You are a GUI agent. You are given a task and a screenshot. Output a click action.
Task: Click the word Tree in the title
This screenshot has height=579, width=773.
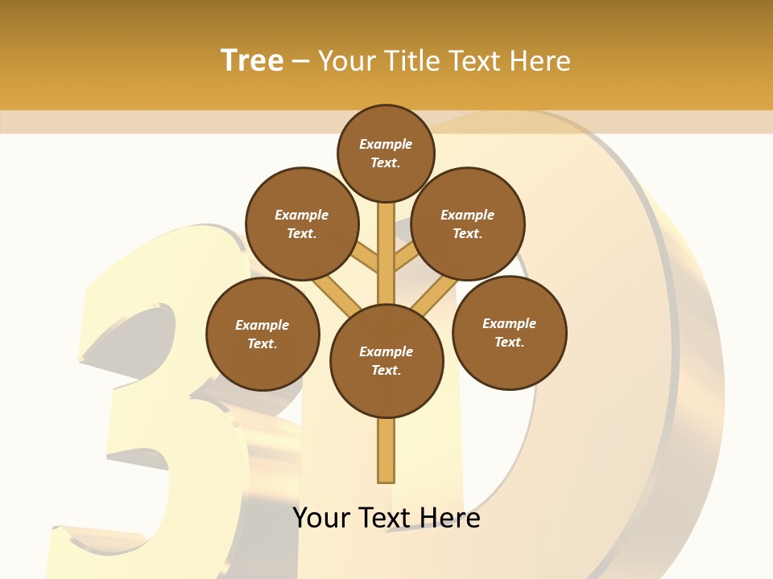point(252,61)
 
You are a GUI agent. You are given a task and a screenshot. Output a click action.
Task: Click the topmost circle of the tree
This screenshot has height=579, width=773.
point(386,153)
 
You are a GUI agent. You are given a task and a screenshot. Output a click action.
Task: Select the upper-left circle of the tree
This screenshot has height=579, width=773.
point(302,224)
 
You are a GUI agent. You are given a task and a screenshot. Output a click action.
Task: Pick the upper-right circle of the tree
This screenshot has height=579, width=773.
point(468,224)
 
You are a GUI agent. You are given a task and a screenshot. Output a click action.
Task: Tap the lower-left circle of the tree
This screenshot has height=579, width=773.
point(262,334)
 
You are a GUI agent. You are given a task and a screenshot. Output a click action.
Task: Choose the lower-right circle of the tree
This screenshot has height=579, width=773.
point(509,332)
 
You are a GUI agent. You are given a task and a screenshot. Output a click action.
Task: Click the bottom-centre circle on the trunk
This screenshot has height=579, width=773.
point(386,361)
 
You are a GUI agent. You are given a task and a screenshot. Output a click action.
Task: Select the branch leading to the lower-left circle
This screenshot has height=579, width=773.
point(337,294)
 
